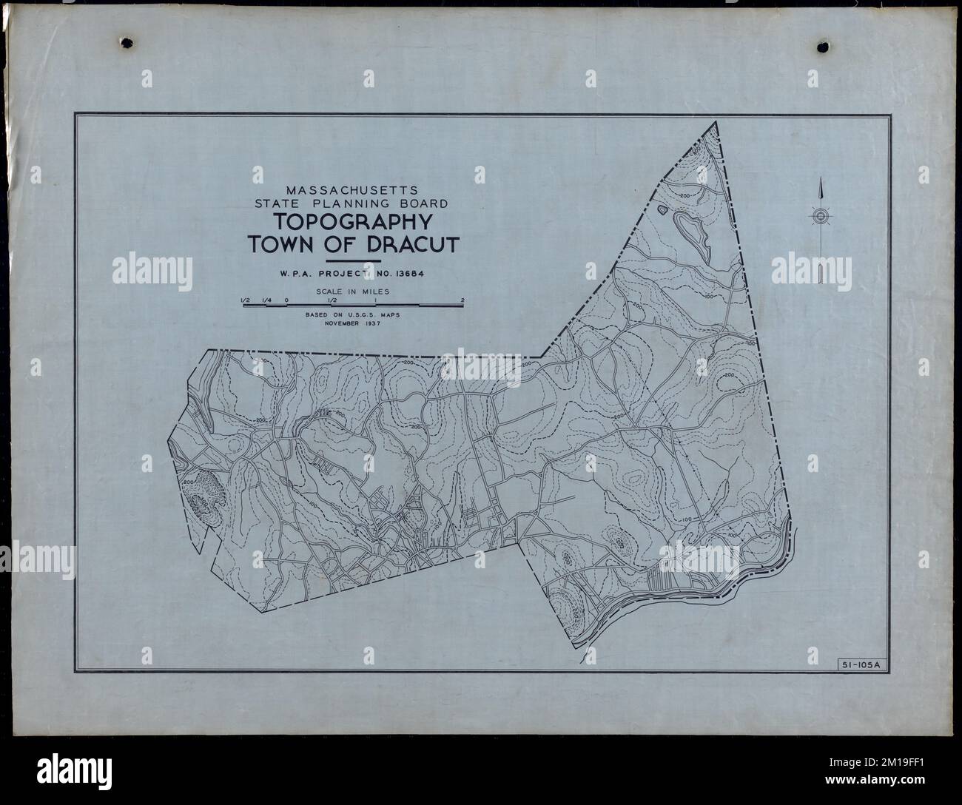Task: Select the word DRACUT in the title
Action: (414, 246)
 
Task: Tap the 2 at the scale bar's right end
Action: (462, 300)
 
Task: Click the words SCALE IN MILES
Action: (352, 292)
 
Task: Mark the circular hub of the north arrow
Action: (820, 216)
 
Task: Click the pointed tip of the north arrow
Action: (820, 182)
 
